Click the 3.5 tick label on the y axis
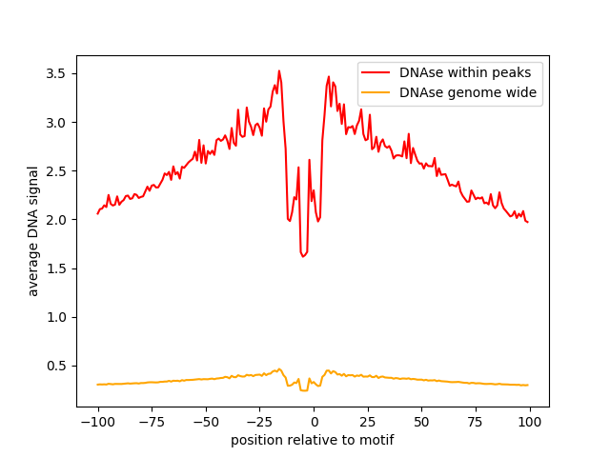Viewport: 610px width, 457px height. click(x=56, y=73)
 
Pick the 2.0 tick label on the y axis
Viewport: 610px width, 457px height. click(x=56, y=220)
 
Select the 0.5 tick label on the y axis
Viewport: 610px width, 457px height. click(x=56, y=366)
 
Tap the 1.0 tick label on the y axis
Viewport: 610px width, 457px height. click(x=56, y=317)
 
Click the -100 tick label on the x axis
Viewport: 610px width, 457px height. click(x=97, y=423)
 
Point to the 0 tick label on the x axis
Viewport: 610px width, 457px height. click(x=314, y=423)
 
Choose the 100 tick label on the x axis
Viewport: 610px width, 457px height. click(x=530, y=423)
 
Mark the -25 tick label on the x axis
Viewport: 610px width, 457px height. click(x=259, y=423)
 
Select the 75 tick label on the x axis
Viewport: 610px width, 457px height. click(x=476, y=423)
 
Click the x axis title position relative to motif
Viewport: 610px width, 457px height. click(x=313, y=441)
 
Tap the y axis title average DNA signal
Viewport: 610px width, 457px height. click(x=33, y=230)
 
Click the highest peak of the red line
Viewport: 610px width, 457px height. click(x=279, y=70)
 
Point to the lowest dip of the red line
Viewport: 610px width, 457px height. click(x=303, y=256)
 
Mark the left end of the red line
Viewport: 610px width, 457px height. click(x=97, y=213)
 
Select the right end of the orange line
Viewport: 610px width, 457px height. click(x=528, y=385)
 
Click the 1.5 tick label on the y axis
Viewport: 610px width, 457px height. click(x=56, y=268)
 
